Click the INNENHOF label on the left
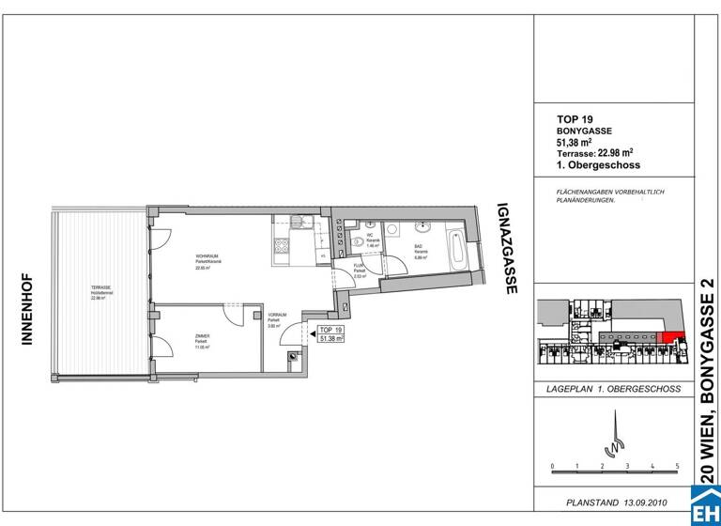[x=27, y=309]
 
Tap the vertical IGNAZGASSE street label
[x=510, y=250]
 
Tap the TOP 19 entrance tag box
[x=330, y=334]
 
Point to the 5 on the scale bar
[x=677, y=466]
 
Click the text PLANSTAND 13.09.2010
[x=614, y=502]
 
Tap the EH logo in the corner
[x=706, y=508]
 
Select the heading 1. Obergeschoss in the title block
[x=598, y=164]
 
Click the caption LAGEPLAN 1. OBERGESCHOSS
[x=614, y=388]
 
